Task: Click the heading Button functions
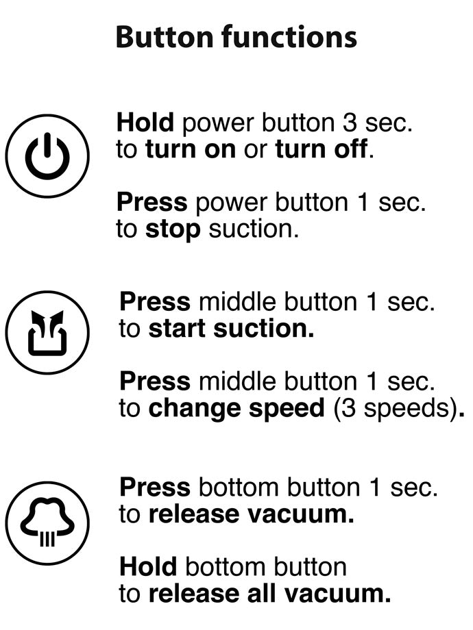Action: [x=236, y=37]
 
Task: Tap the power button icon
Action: [x=47, y=156]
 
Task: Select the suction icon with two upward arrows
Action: [x=47, y=333]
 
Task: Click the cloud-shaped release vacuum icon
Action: [x=47, y=523]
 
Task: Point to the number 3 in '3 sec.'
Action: [x=350, y=123]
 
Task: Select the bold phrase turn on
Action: [x=191, y=149]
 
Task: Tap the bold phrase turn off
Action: [x=322, y=149]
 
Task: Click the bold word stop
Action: [x=173, y=230]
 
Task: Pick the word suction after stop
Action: [x=254, y=229]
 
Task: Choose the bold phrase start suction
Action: [x=231, y=329]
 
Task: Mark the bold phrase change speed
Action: [x=236, y=409]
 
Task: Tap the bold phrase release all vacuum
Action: [x=269, y=594]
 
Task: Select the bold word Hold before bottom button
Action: [x=149, y=566]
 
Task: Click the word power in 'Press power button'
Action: [x=231, y=203]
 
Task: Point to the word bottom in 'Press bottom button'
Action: [x=239, y=488]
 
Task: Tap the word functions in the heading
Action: [x=289, y=37]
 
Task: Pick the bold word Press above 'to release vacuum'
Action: [x=155, y=488]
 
